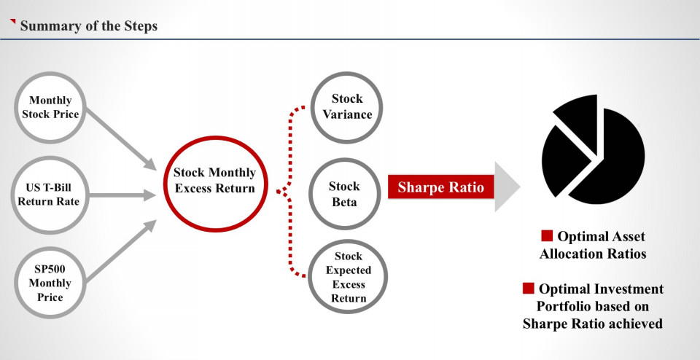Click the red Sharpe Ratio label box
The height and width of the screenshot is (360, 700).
click(440, 187)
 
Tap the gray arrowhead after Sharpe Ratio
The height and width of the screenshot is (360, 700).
click(507, 187)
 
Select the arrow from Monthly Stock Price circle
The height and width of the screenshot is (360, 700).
click(121, 138)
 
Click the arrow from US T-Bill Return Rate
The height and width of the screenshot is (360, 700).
click(122, 195)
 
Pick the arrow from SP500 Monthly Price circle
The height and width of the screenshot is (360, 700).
click(121, 251)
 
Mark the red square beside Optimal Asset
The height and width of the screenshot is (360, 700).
click(546, 235)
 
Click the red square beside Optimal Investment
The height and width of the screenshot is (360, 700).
click(528, 288)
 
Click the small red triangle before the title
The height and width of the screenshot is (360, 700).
click(13, 21)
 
